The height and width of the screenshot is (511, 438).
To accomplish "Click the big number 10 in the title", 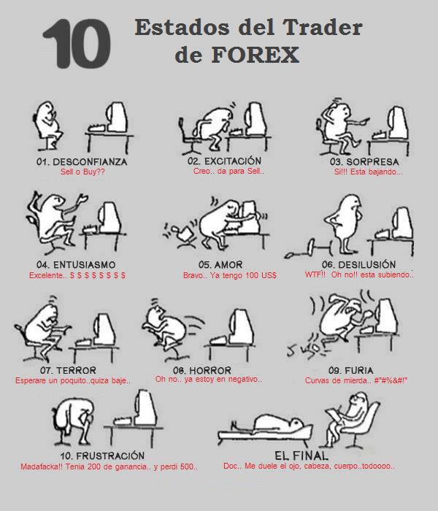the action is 77,43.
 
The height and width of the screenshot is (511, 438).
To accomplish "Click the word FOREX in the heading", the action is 255,55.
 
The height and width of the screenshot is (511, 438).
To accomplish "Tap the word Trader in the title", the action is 323,27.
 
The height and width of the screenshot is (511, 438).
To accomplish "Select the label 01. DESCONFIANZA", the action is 82,162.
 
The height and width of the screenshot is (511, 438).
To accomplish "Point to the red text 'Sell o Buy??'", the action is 82,172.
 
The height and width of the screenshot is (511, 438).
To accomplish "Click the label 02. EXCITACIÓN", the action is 225,161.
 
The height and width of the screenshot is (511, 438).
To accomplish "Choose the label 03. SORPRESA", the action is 364,162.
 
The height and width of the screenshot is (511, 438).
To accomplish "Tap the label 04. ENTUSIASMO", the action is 76,264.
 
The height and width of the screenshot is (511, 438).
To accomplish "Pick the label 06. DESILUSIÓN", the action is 359,264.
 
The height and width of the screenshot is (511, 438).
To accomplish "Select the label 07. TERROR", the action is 68,371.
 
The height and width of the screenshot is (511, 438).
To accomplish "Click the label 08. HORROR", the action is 202,371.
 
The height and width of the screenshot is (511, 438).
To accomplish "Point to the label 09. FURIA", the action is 351,371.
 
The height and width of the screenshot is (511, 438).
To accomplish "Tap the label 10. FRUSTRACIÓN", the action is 102,456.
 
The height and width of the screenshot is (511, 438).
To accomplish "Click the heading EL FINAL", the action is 301,456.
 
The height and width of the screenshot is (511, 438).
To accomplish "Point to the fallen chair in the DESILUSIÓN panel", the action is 309,248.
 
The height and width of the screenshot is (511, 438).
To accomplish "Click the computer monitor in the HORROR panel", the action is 242,327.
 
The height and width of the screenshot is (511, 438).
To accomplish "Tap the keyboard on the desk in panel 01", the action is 98,128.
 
